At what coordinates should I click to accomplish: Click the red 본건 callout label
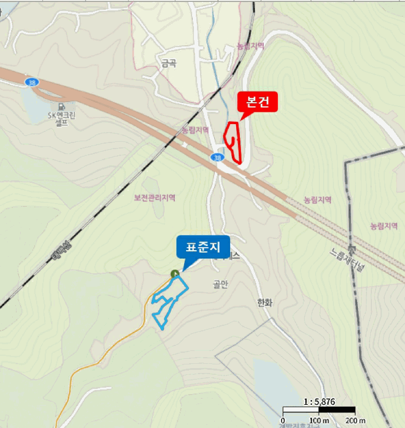coord(258,101)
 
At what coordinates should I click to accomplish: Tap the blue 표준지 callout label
coord(202,247)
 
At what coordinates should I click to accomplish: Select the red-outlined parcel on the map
coord(234,141)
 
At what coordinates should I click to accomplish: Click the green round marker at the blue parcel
coord(174,274)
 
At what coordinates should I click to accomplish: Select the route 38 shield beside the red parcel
coord(218,158)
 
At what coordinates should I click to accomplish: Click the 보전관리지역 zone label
coord(155,197)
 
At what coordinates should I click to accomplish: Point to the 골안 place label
coord(220,284)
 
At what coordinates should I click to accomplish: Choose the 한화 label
coord(264,303)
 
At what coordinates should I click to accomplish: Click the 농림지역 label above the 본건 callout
coord(251,46)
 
